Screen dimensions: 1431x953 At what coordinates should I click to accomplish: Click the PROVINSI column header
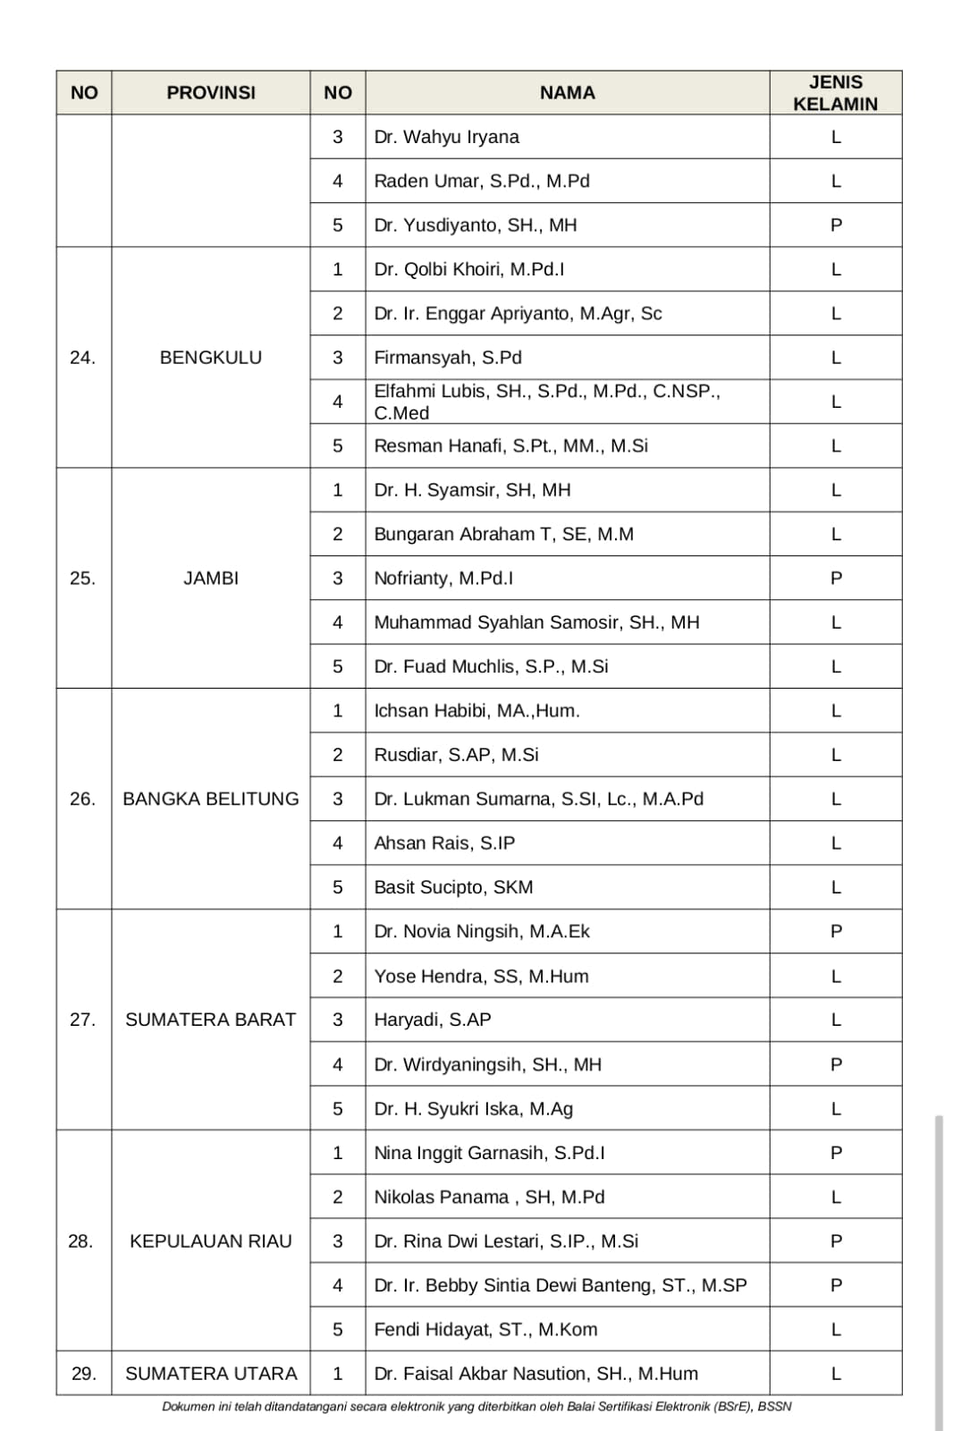211,93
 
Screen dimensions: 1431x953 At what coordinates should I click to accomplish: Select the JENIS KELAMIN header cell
835,93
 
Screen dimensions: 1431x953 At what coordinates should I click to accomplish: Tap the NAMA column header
567,93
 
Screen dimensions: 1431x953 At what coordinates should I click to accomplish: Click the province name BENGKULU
211,358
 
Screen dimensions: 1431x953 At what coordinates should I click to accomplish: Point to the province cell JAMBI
211,579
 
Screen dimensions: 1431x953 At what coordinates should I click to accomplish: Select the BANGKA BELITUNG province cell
211,799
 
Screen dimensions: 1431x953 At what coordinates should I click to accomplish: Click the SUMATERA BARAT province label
211,1020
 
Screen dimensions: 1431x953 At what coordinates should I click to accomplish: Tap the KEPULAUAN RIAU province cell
211,1241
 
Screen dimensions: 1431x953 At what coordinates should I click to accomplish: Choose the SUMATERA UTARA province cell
211,1374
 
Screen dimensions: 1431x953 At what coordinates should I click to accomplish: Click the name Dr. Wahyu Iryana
446,138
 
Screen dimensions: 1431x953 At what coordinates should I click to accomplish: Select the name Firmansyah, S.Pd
448,358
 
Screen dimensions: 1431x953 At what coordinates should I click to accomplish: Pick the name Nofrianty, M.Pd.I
443,579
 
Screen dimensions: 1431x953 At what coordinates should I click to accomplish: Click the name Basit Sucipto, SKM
453,887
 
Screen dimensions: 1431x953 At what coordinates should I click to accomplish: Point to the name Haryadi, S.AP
433,1020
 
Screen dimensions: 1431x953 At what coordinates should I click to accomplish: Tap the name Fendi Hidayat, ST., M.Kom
485,1330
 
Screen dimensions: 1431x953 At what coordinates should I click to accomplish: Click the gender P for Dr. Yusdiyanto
836,225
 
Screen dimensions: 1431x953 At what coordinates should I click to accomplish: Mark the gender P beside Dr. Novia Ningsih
836,932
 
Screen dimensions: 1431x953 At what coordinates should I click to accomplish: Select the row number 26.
82,799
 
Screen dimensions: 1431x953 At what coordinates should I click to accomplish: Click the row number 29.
83,1374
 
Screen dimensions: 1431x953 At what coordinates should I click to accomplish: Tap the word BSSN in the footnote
774,1407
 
